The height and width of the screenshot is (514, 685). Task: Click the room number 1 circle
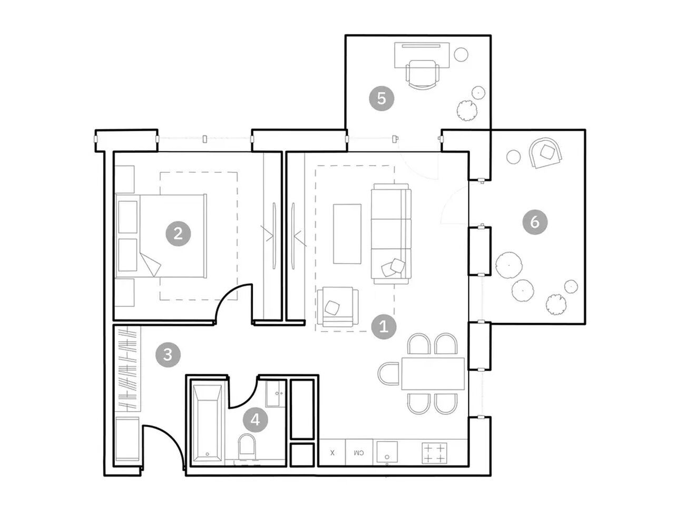383,326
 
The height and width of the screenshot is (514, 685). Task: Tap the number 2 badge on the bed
178,234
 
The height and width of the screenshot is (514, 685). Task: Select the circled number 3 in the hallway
168,354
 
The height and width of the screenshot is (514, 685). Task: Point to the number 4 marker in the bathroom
255,420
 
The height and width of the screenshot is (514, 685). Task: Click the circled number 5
381,99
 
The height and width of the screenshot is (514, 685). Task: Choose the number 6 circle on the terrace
535,222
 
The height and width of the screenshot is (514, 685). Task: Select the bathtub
207,423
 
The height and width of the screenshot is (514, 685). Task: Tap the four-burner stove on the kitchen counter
434,453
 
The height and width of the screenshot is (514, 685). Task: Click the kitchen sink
387,452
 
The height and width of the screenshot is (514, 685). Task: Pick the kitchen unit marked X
332,452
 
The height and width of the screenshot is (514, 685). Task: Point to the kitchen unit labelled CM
359,452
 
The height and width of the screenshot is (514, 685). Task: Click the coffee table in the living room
347,234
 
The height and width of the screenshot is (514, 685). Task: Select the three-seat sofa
391,234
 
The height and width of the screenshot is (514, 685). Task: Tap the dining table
432,374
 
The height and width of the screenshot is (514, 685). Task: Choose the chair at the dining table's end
388,374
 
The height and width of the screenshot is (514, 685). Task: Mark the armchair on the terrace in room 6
545,153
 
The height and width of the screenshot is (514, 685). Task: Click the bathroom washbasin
275,393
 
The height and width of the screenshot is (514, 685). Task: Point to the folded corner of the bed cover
150,264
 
